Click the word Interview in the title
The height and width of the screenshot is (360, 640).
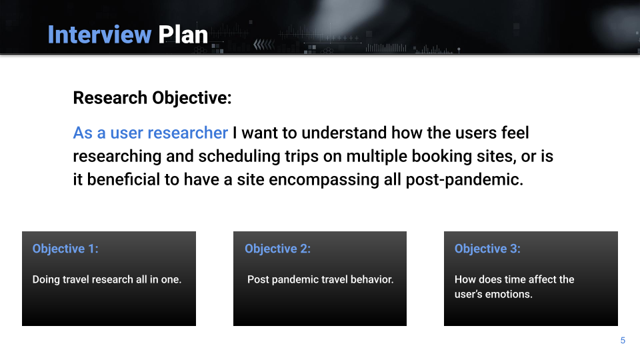pyautogui.click(x=99, y=34)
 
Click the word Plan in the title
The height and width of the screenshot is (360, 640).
pyautogui.click(x=183, y=34)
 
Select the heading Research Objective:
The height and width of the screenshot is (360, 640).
pyautogui.click(x=152, y=98)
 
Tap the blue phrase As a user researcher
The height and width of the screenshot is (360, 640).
pyautogui.click(x=150, y=133)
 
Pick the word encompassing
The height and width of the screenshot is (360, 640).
pyautogui.click(x=324, y=180)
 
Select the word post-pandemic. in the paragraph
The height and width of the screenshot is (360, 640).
pyautogui.click(x=465, y=180)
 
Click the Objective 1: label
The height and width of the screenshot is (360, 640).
pyautogui.click(x=65, y=249)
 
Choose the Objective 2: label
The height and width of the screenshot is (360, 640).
pyautogui.click(x=277, y=249)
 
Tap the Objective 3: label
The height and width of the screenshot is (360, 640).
pyautogui.click(x=487, y=249)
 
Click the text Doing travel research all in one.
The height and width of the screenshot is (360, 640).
pyautogui.click(x=107, y=279)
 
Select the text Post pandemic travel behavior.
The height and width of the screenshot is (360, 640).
pyautogui.click(x=321, y=279)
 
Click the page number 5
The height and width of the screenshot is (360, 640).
pyautogui.click(x=623, y=341)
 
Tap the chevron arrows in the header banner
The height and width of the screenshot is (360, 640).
pyautogui.click(x=264, y=45)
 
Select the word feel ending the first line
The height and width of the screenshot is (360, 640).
pyautogui.click(x=515, y=133)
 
